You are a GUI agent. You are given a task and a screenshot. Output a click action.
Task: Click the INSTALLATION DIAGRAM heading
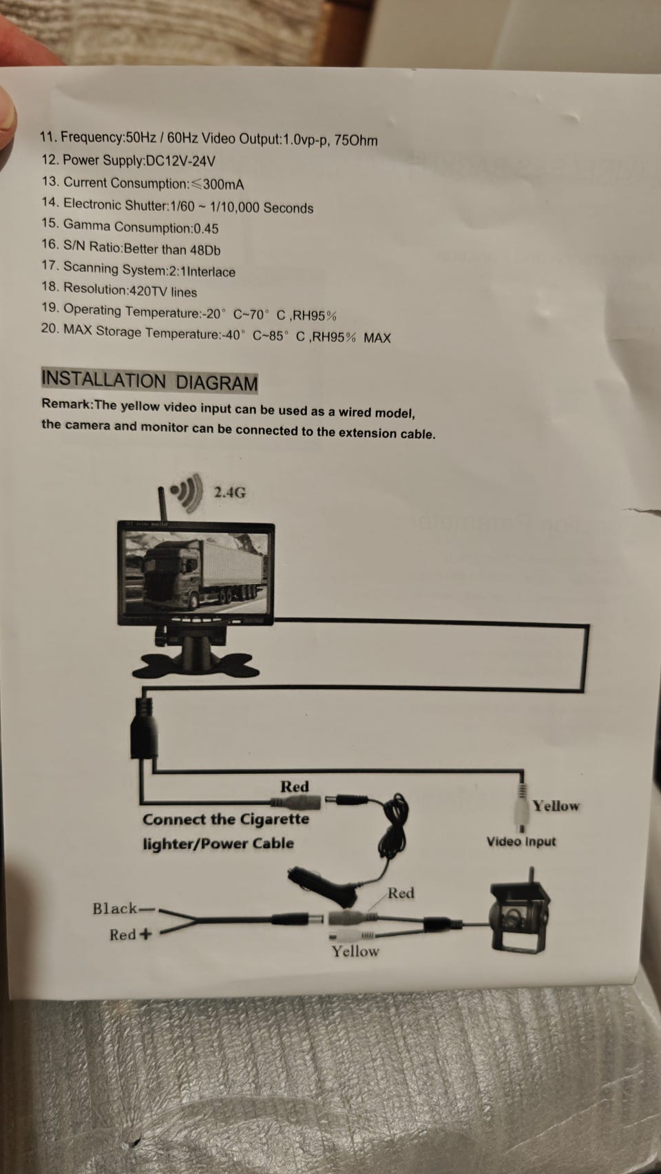click(x=149, y=381)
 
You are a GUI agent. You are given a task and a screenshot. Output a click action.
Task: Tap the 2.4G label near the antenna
click(x=229, y=492)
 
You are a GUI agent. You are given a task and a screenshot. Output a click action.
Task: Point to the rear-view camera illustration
click(x=519, y=911)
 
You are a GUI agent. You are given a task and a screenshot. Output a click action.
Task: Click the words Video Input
click(x=521, y=841)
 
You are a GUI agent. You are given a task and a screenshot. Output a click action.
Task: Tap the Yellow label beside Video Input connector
click(x=556, y=806)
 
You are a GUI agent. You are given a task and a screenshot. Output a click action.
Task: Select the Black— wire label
click(x=124, y=908)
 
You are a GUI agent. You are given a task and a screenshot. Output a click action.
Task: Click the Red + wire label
click(x=131, y=934)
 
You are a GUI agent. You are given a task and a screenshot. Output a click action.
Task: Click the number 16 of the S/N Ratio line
click(x=50, y=244)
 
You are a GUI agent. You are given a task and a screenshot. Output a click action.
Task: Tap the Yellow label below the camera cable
click(x=355, y=951)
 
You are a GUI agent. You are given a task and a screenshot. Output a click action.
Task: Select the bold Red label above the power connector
click(x=295, y=787)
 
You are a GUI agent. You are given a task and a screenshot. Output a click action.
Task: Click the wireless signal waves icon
click(x=188, y=492)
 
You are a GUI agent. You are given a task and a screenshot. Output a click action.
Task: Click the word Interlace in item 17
click(x=211, y=272)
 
